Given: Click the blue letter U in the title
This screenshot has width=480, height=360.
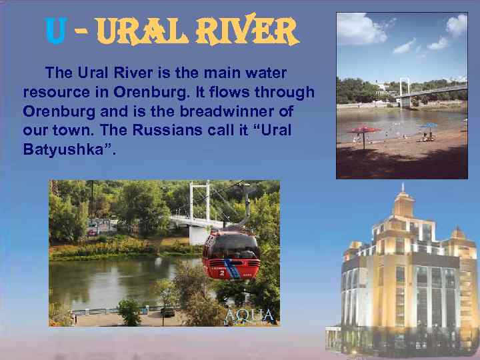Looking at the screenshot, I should point(55,29).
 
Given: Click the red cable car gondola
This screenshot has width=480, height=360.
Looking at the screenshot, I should point(231,254).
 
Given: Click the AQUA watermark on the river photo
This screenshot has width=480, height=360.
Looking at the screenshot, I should point(249,315).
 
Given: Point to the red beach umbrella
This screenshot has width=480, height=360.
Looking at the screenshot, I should point(364,129).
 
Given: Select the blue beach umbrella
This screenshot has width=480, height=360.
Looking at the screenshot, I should point(429,125).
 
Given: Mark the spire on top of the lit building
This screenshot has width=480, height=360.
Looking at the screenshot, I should point(403,191).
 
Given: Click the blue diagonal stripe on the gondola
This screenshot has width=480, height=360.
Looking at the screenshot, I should point(233,270).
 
